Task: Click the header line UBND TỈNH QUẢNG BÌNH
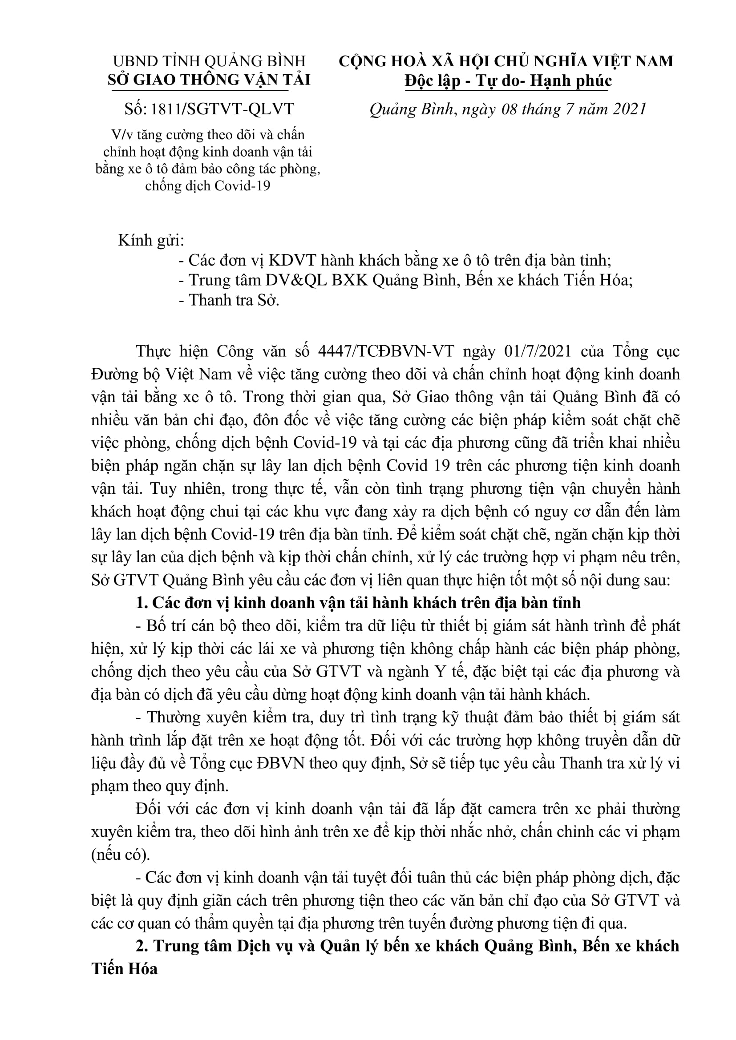(x=209, y=61)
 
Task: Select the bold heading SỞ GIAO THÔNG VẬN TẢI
(x=209, y=80)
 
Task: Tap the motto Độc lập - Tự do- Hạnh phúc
(x=508, y=81)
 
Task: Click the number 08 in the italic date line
(x=509, y=109)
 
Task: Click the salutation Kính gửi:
(x=151, y=241)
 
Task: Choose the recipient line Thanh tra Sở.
(x=234, y=300)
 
